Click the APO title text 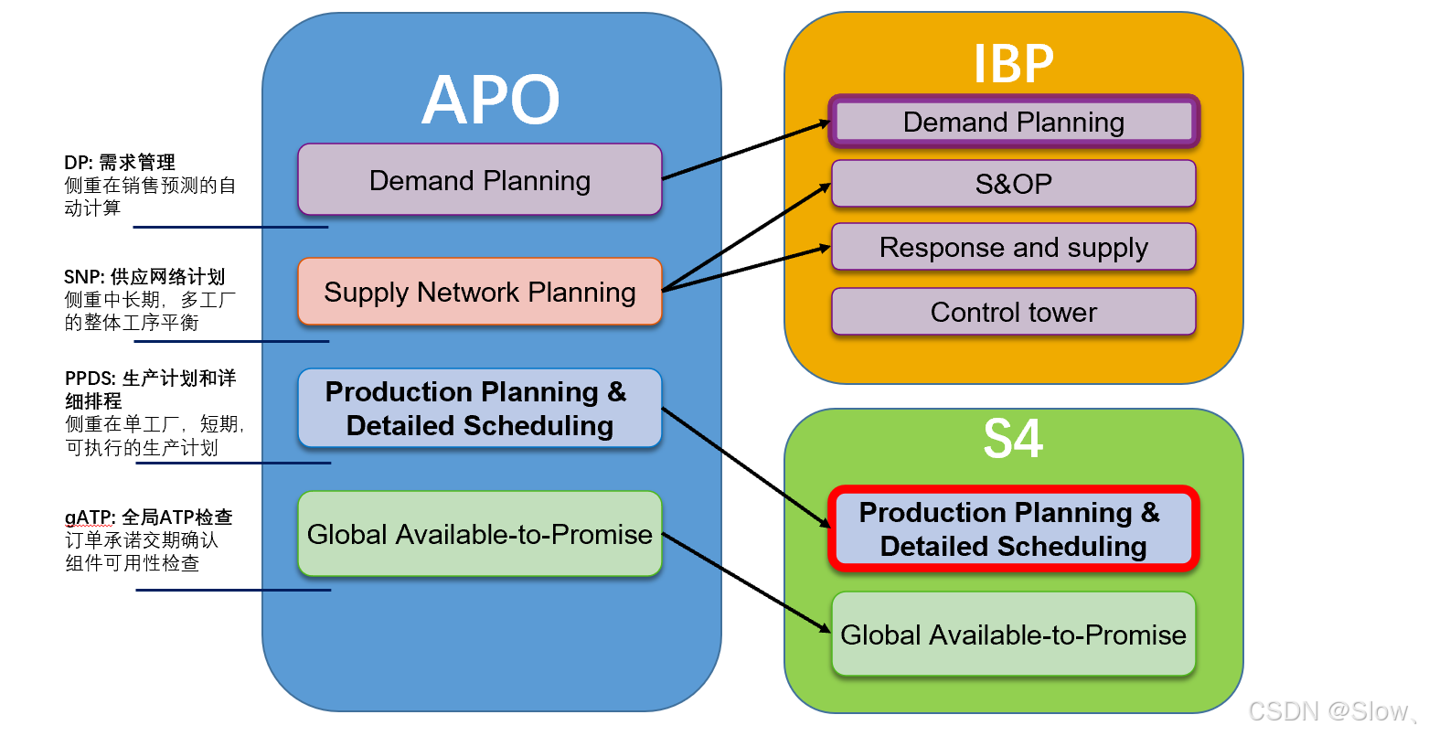[491, 100]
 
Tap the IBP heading [1013, 64]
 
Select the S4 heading [1013, 439]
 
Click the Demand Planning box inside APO [479, 180]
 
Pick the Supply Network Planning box [479, 292]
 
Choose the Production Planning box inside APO [479, 409]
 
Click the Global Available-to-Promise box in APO [479, 534]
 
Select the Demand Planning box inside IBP [1013, 122]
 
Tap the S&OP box [1013, 184]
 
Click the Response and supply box [1013, 247]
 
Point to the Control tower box [1013, 312]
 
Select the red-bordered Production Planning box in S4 [1013, 528]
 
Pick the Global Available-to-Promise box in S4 [1013, 635]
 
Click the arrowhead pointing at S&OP [826, 187]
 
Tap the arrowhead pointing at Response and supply [825, 248]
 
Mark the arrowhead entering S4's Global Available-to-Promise [825, 629]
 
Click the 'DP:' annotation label [79, 163]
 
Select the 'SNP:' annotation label [85, 277]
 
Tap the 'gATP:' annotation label [90, 517]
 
